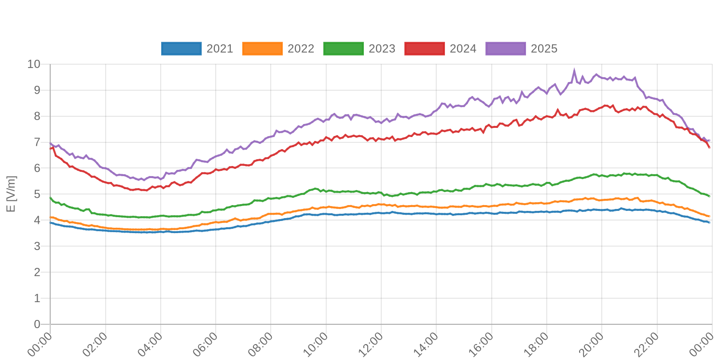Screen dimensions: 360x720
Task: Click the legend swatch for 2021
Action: click(181, 49)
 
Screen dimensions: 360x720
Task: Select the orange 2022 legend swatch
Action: click(262, 49)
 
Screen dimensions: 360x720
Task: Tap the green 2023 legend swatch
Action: click(343, 49)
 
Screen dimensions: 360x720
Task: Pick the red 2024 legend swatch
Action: click(424, 49)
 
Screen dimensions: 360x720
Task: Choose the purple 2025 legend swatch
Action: click(505, 49)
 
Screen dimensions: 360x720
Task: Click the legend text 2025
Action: click(544, 49)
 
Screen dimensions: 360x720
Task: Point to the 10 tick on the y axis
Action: click(34, 64)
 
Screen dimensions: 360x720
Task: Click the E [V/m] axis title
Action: click(11, 194)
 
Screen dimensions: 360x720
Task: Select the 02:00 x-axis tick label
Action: click(95, 344)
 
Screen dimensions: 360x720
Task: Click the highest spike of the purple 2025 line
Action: click(574, 69)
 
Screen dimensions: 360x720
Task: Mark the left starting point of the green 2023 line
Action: click(50, 197)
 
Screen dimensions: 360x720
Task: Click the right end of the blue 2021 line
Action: click(709, 222)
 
